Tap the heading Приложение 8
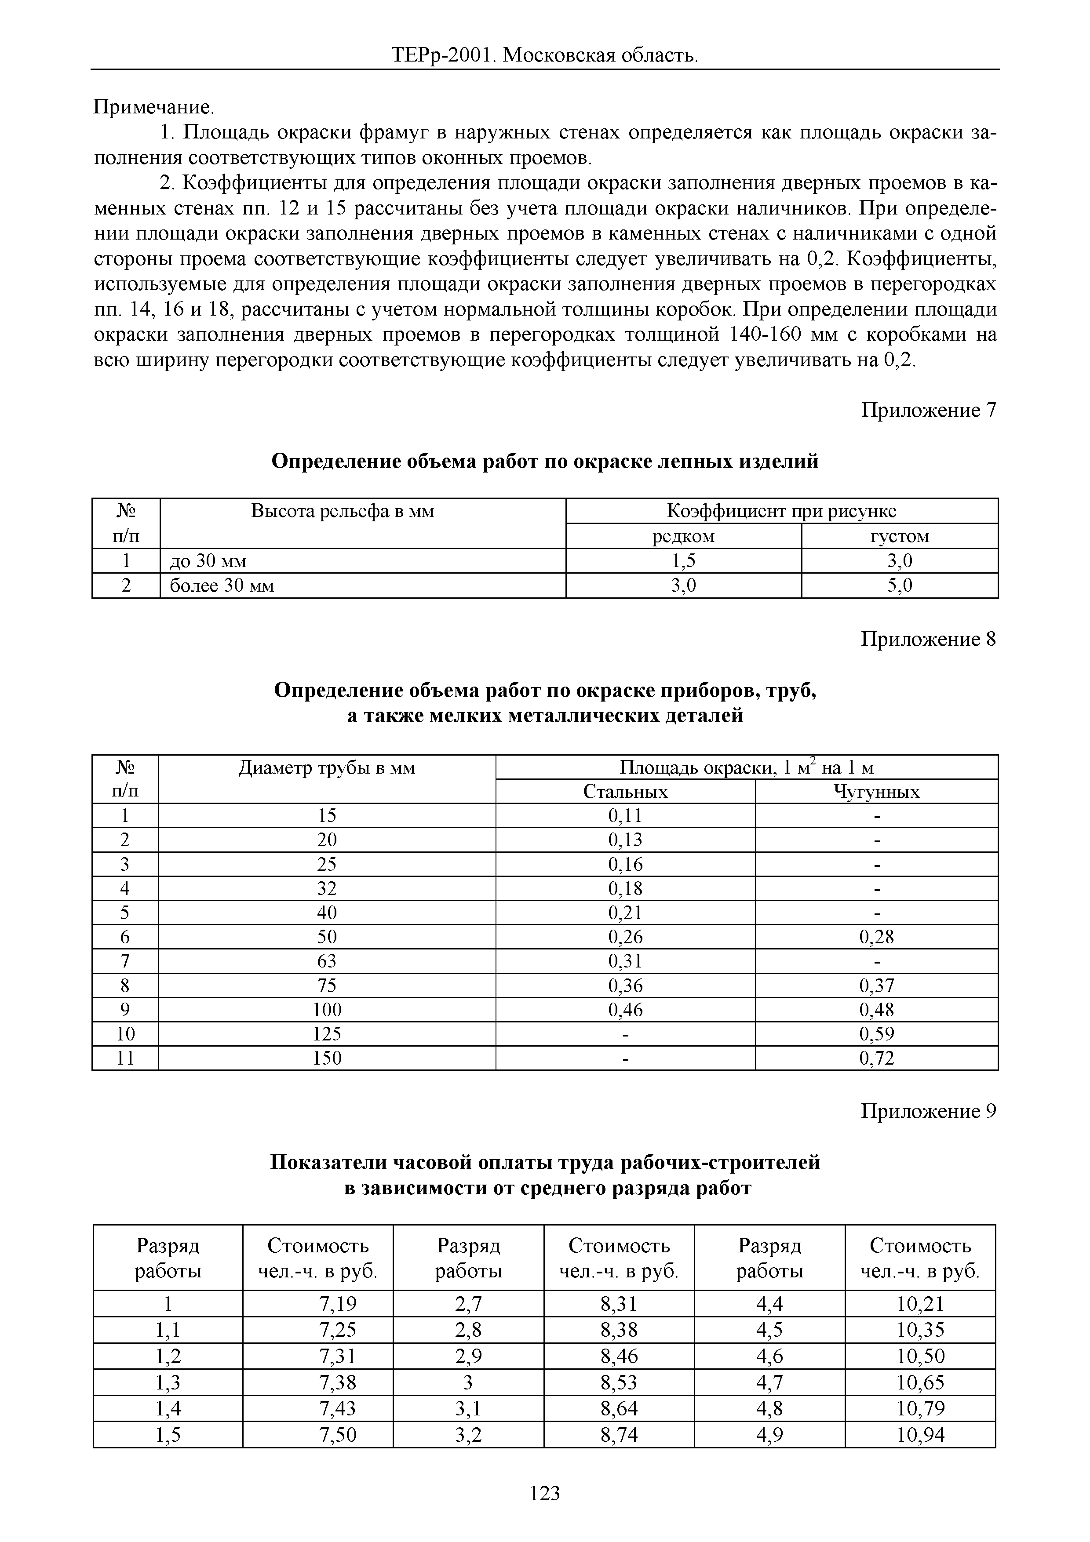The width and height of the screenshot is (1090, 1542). click(x=928, y=640)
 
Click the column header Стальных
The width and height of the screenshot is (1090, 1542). click(x=625, y=792)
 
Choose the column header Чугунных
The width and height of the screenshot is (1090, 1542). click(x=876, y=792)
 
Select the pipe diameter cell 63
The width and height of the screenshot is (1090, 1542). click(x=327, y=961)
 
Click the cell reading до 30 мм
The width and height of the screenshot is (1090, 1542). click(x=208, y=561)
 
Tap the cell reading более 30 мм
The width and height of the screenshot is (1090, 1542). click(x=222, y=586)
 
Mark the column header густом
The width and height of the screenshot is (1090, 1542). click(x=900, y=536)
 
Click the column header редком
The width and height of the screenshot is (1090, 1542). click(x=684, y=536)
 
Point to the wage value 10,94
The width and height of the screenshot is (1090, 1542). click(x=920, y=1435)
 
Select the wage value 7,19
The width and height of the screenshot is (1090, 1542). click(x=338, y=1304)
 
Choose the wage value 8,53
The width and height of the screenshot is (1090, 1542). click(x=619, y=1382)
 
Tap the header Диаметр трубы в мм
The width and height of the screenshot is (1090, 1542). click(x=327, y=767)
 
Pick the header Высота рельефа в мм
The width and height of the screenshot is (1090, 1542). click(x=343, y=511)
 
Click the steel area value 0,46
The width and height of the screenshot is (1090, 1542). click(x=625, y=1009)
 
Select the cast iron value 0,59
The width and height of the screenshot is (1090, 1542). click(x=876, y=1033)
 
